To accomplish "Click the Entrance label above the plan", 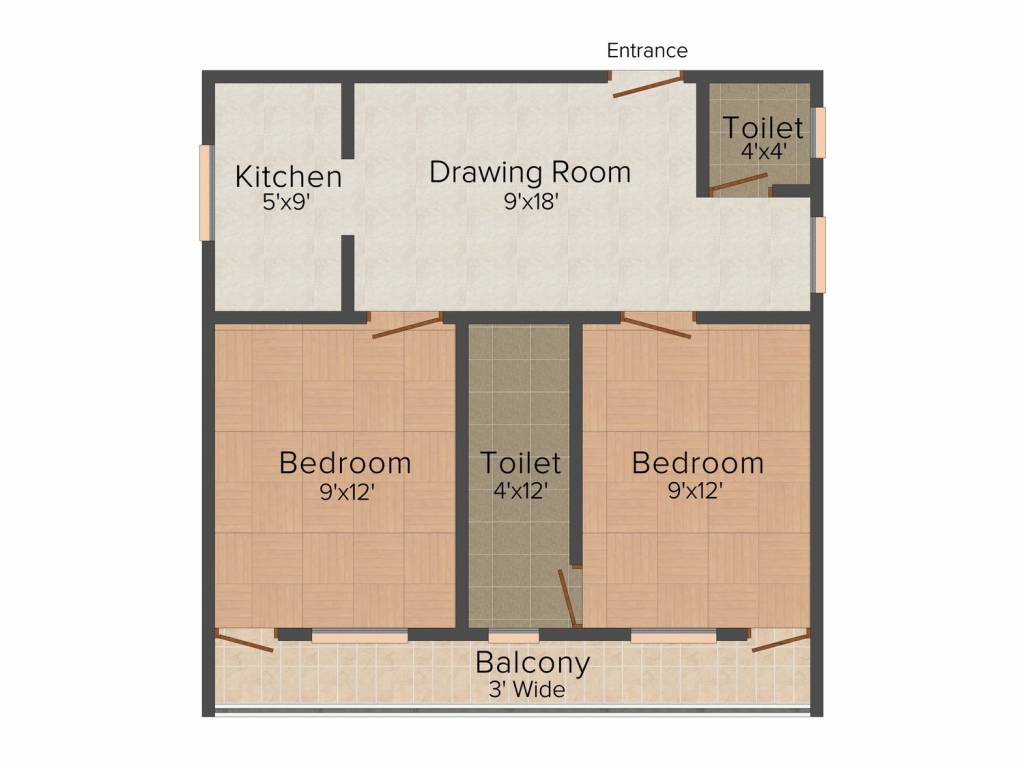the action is tap(647, 50).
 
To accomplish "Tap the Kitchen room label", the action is tap(288, 176).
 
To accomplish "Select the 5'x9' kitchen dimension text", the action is tap(285, 202).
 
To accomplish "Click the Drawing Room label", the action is tap(530, 172).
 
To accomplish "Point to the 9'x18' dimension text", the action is tap(531, 201).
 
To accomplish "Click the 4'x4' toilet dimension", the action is tap(763, 152).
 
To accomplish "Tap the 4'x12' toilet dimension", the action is tap(520, 490).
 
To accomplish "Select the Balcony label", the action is tap(532, 662).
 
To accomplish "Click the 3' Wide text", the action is tap(527, 690).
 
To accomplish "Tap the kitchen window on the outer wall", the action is tap(206, 193).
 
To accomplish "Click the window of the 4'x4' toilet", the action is tap(818, 133).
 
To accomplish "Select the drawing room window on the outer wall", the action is tap(818, 254).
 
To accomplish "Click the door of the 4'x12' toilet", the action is tap(568, 598).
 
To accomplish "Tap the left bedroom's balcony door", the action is tap(244, 640).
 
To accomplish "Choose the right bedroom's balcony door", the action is tap(780, 640).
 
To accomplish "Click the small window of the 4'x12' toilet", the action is tap(513, 636).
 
